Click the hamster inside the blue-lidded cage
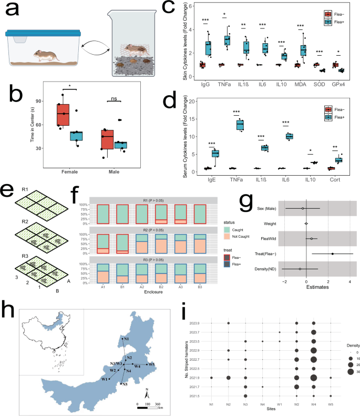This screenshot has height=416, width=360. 46,54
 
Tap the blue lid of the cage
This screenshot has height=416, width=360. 42,33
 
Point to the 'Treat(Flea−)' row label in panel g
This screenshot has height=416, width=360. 265,254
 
